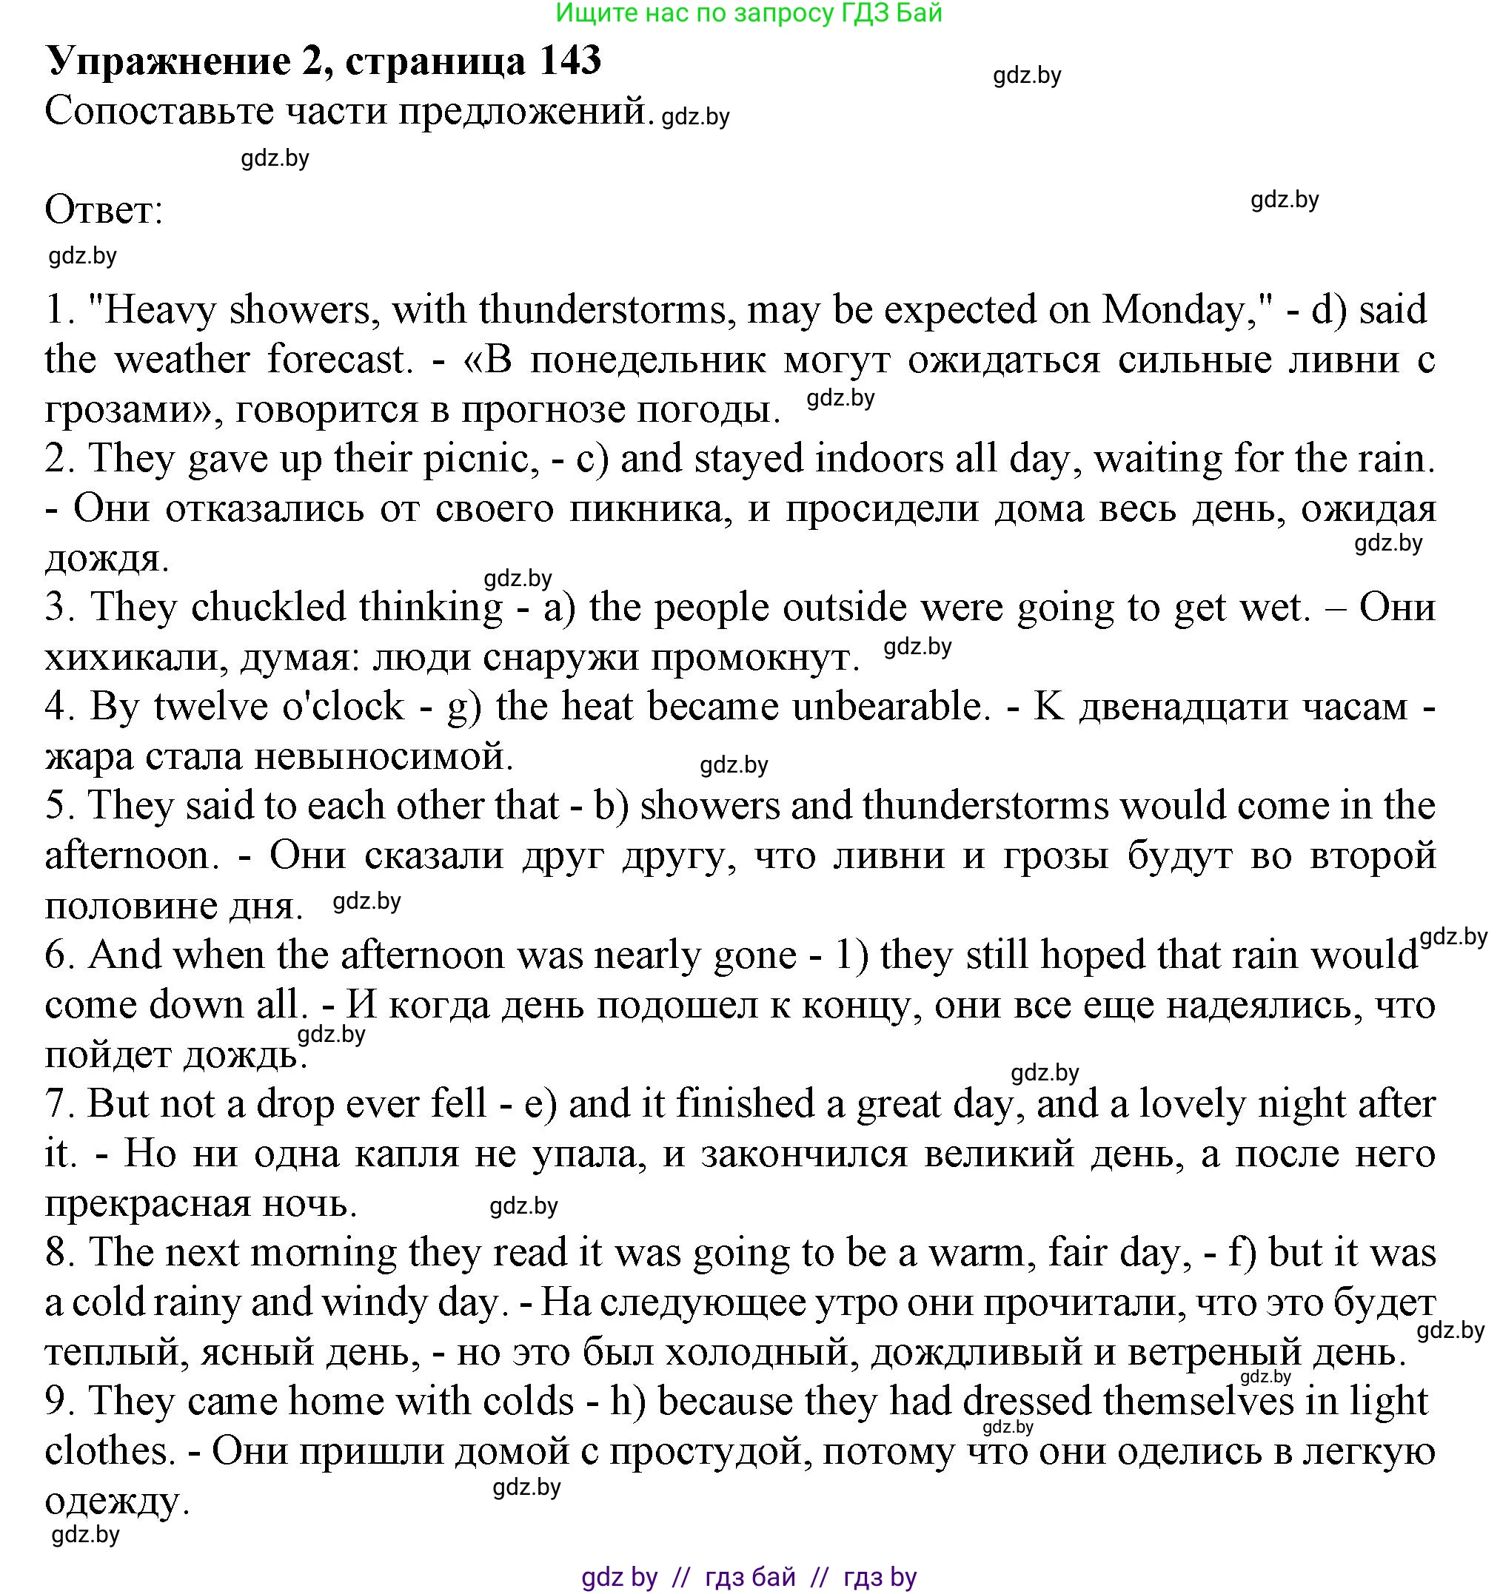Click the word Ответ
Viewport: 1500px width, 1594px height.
[104, 211]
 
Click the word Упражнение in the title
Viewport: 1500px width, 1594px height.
[170, 61]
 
